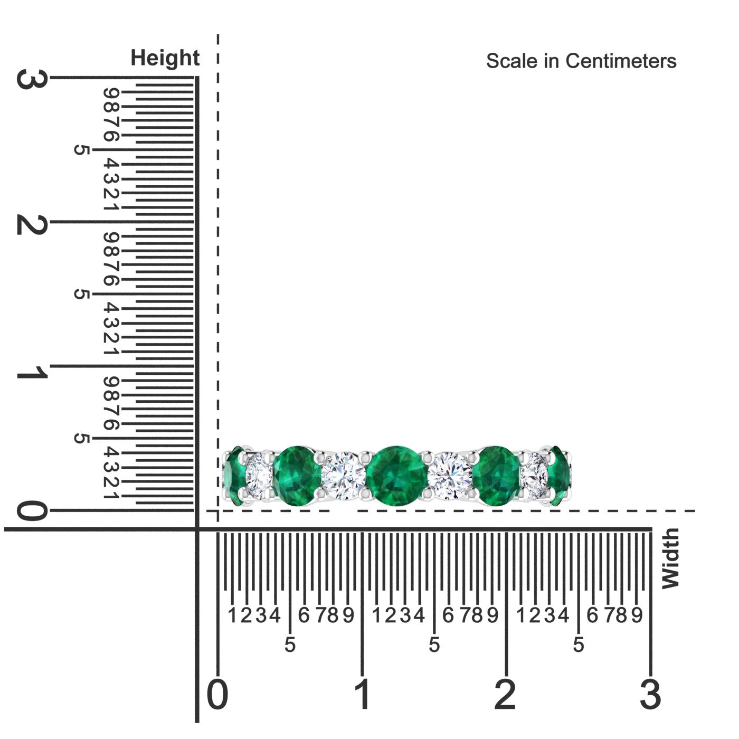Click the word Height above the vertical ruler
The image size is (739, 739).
pyautogui.click(x=165, y=58)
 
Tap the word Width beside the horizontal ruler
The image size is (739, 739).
pyautogui.click(x=670, y=559)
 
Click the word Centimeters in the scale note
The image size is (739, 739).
pyautogui.click(x=621, y=61)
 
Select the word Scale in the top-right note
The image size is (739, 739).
pyautogui.click(x=511, y=61)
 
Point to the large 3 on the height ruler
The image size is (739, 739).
pyautogui.click(x=32, y=79)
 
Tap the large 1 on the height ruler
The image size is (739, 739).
pyautogui.click(x=32, y=372)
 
